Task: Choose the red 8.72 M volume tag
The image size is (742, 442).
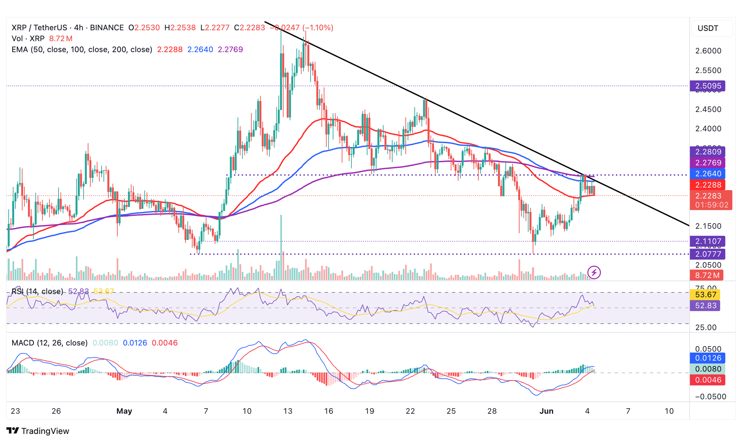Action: (x=707, y=275)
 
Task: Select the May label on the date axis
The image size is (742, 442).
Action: (x=124, y=411)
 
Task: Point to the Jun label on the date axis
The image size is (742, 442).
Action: (x=546, y=411)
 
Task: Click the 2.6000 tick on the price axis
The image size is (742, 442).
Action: (x=708, y=51)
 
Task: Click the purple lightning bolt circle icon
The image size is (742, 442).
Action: (x=594, y=272)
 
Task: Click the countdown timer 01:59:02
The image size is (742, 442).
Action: (x=711, y=205)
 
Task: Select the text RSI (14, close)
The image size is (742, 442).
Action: (x=37, y=291)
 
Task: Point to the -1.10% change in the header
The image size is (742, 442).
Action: (x=318, y=28)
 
